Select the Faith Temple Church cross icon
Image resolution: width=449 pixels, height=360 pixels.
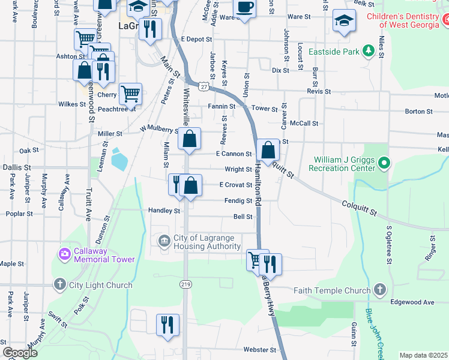pos(379,290)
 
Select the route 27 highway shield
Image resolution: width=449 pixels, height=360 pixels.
pos(205,86)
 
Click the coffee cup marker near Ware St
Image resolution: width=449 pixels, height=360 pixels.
pos(244,8)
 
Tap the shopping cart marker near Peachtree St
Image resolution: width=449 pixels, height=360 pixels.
pos(130,94)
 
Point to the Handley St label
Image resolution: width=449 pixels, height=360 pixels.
pos(164,211)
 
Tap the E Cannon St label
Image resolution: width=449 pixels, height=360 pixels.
pos(234,154)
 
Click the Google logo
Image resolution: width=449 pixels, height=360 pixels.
pos(20,353)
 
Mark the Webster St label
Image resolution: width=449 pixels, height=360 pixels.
pos(259,350)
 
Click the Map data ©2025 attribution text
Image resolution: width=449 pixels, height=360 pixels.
pos(423,355)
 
